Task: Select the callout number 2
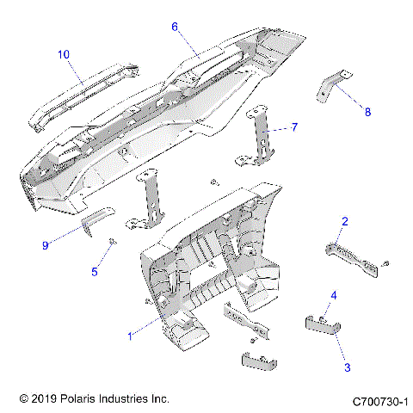pyautogui.click(x=344, y=222)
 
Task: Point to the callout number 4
pyautogui.click(x=333, y=296)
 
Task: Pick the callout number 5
pyautogui.click(x=96, y=272)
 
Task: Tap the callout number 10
pyautogui.click(x=64, y=54)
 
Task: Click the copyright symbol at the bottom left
pyautogui.click(x=23, y=399)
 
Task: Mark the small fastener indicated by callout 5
pyautogui.click(x=113, y=243)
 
